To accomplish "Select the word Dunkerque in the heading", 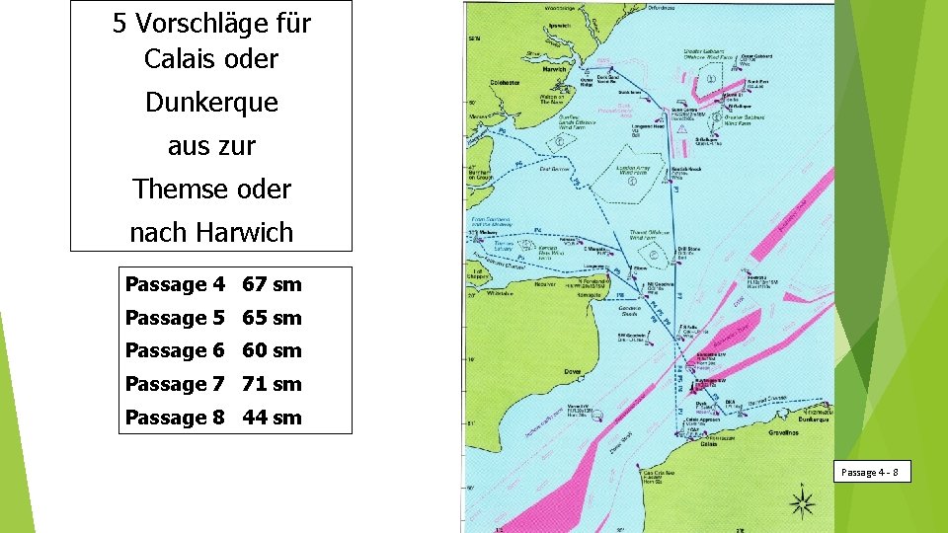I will pos(211,102).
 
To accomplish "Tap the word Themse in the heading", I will pos(174,189).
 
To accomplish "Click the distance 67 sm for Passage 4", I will pos(272,284).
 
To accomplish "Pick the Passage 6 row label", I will pos(175,350).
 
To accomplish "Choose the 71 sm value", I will pos(272,384).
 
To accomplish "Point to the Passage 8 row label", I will pos(175,418).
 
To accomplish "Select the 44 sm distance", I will pos(272,418).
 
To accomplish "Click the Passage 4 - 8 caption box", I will pos(869,473).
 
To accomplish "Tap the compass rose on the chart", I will pos(801,502).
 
